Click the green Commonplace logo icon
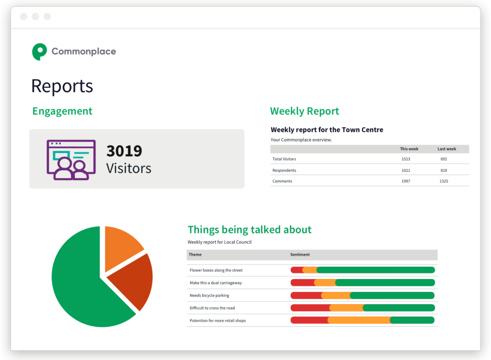(39, 51)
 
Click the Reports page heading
(62, 86)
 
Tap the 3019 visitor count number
(124, 151)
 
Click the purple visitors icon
(71, 160)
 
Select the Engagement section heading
(62, 111)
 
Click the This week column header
(409, 149)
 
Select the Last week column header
(446, 149)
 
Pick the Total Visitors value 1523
(406, 159)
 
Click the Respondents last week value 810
(444, 170)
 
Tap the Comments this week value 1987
(406, 181)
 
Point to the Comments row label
(282, 181)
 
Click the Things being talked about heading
(249, 229)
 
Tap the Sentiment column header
(300, 255)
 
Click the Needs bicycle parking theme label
(209, 295)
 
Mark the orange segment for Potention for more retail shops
(359, 320)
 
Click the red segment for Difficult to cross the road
(310, 308)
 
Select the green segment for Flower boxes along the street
(375, 270)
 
